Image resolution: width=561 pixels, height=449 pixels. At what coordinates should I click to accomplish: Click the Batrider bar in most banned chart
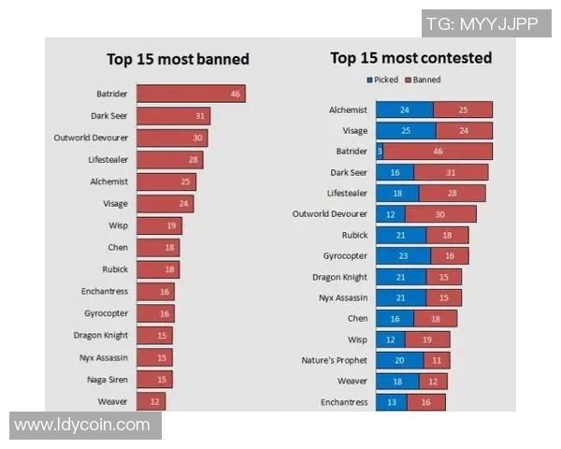(191, 94)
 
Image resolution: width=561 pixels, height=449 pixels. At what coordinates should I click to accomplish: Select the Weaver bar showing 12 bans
(151, 401)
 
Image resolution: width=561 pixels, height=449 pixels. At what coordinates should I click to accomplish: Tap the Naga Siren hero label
(106, 379)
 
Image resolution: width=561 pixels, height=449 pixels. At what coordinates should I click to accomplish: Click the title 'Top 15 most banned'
(178, 60)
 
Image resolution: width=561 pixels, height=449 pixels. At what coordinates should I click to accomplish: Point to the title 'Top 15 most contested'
(410, 58)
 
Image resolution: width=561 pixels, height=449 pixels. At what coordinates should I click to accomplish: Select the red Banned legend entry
(424, 80)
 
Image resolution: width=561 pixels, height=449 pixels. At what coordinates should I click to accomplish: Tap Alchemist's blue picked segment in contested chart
(404, 109)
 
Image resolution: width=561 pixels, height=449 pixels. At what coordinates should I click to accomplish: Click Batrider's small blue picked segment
(380, 151)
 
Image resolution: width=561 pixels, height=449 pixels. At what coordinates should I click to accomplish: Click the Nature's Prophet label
(334, 360)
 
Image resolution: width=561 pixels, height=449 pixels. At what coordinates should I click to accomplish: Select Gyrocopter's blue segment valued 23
(403, 255)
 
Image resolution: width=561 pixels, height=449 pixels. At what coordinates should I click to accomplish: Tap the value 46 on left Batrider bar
(236, 94)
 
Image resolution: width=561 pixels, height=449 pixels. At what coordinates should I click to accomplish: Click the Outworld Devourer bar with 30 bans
(171, 138)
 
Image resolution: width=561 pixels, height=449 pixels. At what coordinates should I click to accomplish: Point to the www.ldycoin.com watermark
(82, 425)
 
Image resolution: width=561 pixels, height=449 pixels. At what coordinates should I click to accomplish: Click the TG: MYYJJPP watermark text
(482, 23)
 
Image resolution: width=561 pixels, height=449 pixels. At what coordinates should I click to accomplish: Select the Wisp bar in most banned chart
(159, 225)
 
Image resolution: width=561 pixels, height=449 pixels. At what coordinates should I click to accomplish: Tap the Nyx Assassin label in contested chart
(339, 297)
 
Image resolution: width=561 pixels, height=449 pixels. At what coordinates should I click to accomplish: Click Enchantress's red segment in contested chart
(426, 402)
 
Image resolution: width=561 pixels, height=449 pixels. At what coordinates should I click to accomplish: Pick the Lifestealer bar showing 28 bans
(169, 160)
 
